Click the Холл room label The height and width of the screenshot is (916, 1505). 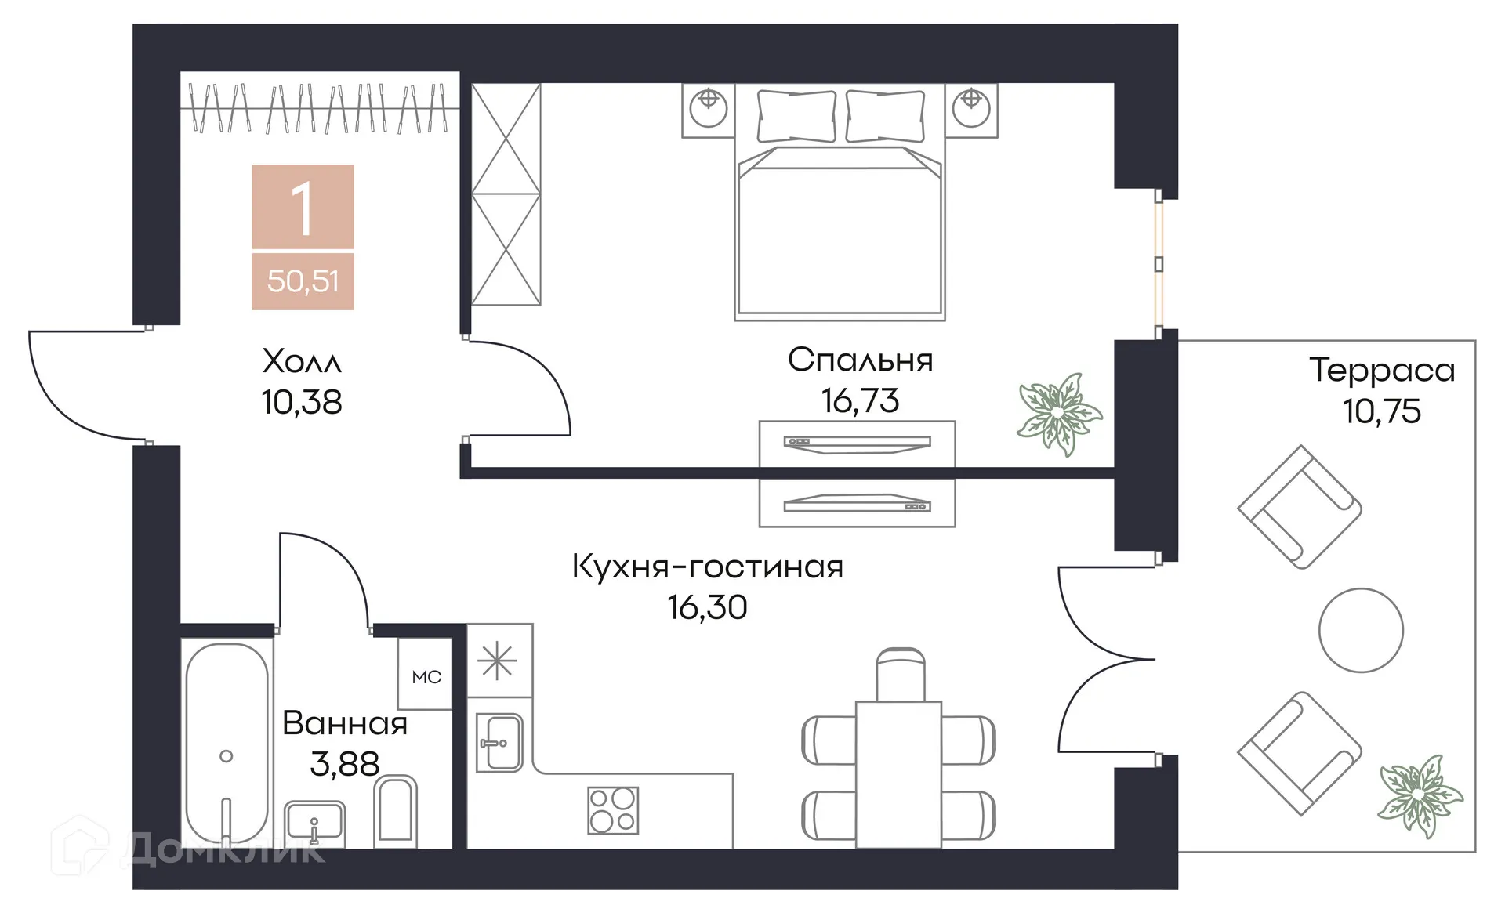coord(302,362)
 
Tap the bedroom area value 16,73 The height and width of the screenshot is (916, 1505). coord(860,401)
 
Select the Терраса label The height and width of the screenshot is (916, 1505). coord(1382,371)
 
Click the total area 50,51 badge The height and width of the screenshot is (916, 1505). coord(303,281)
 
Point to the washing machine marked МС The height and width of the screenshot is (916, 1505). coord(426,675)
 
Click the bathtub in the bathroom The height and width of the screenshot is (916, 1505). coord(227,744)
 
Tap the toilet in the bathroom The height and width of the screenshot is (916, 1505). coord(396,811)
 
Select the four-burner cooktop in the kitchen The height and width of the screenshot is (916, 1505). coord(613,810)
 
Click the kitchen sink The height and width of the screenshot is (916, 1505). coord(499,743)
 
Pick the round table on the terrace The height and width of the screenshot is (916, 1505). coord(1361,630)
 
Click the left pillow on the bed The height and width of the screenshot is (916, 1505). coord(796,116)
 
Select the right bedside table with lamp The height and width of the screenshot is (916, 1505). coord(971,110)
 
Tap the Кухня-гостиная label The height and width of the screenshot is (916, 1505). coord(707,567)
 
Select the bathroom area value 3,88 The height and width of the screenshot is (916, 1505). coord(344,764)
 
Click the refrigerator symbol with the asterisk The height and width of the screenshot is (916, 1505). coord(499,661)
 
